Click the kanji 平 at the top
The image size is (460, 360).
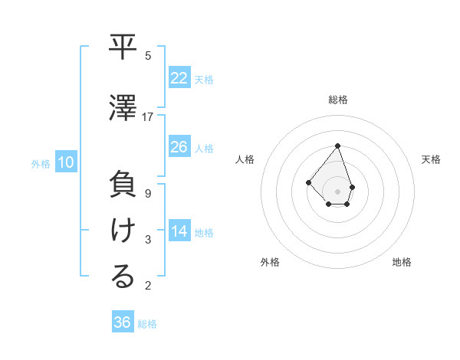(x=123, y=48)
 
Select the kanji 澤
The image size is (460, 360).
(x=123, y=109)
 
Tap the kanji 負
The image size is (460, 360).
(x=123, y=186)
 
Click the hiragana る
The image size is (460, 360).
(x=123, y=277)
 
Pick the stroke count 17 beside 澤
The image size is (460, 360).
(x=148, y=117)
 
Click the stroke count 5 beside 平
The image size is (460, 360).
(x=148, y=56)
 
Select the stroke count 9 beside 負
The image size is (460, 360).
(x=148, y=194)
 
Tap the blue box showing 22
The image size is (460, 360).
(x=179, y=79)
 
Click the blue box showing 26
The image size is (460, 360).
(x=179, y=147)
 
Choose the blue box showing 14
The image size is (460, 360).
(x=179, y=232)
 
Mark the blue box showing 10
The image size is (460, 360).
(x=66, y=162)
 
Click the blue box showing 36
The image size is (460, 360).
(x=123, y=322)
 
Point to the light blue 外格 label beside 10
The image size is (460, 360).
(x=40, y=163)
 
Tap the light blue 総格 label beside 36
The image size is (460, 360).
(x=147, y=324)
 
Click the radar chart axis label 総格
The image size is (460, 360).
(x=338, y=100)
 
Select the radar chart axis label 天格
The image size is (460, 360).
(x=431, y=159)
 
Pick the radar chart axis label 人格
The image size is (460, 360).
(x=245, y=159)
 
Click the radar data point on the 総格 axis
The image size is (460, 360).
(x=337, y=146)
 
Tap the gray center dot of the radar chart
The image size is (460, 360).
(x=337, y=191)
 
